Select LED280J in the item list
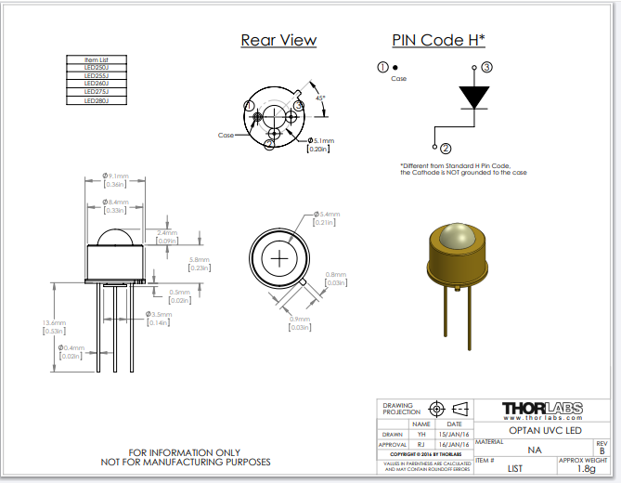(97, 100)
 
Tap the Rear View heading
(278, 40)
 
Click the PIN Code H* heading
(439, 40)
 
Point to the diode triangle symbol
(474, 98)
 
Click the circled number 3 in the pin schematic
(486, 67)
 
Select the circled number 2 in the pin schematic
(445, 149)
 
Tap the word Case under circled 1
(398, 79)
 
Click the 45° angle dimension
(319, 97)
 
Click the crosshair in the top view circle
(279, 257)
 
